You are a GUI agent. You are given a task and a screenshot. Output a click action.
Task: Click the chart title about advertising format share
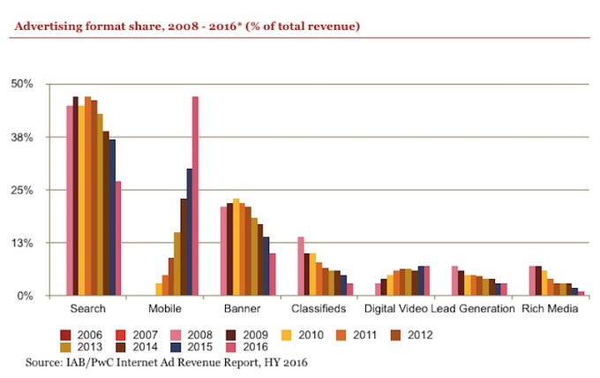coord(186,27)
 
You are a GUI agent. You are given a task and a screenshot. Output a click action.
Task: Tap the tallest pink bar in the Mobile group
coord(195,195)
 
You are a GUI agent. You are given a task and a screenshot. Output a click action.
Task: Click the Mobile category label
coord(164,309)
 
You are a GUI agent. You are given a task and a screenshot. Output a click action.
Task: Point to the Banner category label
coord(241,309)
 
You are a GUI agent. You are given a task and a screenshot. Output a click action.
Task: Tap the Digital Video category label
coord(395,309)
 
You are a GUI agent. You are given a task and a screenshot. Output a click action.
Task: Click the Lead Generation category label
coord(473,309)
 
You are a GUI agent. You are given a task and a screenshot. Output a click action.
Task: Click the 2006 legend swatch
coord(65,335)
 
